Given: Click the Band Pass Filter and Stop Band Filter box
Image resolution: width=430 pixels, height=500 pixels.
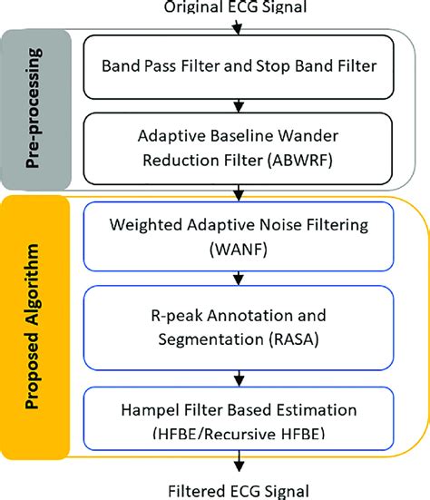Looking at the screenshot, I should [238, 65].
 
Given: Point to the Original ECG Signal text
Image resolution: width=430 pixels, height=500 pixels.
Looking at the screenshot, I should [238, 8].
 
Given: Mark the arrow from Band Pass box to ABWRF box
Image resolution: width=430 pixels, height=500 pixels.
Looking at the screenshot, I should [238, 106].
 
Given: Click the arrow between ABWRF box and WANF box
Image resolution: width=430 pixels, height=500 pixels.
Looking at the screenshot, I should [238, 192].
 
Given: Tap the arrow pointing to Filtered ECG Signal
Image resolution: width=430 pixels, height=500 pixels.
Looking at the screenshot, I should [238, 461].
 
